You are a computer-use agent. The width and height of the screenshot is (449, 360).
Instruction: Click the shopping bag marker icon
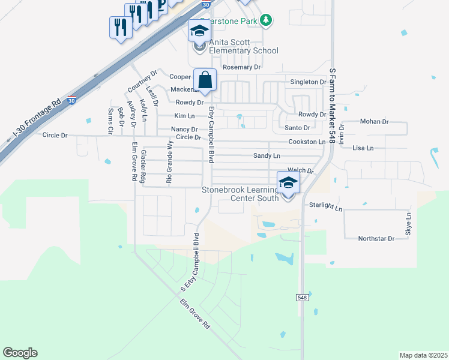(205, 80)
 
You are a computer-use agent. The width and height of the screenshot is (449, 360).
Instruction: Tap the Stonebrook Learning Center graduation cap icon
(288, 182)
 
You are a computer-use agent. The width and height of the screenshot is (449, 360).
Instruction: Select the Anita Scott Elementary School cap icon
(199, 31)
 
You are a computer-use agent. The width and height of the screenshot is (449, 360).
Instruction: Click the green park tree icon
(267, 20)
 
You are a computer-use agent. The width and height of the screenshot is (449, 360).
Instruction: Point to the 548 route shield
(302, 298)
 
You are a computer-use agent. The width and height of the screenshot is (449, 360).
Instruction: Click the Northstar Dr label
(376, 238)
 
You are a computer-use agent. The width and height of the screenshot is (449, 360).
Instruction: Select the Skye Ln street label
(408, 223)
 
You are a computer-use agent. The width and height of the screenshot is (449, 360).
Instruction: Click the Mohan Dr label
(375, 121)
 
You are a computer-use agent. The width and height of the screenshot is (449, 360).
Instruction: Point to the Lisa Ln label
(363, 148)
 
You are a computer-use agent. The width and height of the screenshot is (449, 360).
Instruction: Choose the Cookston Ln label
(306, 142)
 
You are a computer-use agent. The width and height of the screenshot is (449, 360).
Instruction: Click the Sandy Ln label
(267, 155)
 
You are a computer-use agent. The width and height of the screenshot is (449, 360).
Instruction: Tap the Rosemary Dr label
(241, 67)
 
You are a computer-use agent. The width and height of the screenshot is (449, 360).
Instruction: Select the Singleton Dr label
(308, 82)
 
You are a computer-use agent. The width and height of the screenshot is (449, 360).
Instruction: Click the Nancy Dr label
(184, 129)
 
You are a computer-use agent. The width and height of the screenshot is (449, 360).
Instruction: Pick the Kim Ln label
(184, 116)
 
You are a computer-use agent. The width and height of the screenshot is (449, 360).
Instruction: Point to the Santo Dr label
(297, 128)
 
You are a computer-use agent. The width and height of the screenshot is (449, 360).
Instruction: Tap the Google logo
(20, 353)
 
